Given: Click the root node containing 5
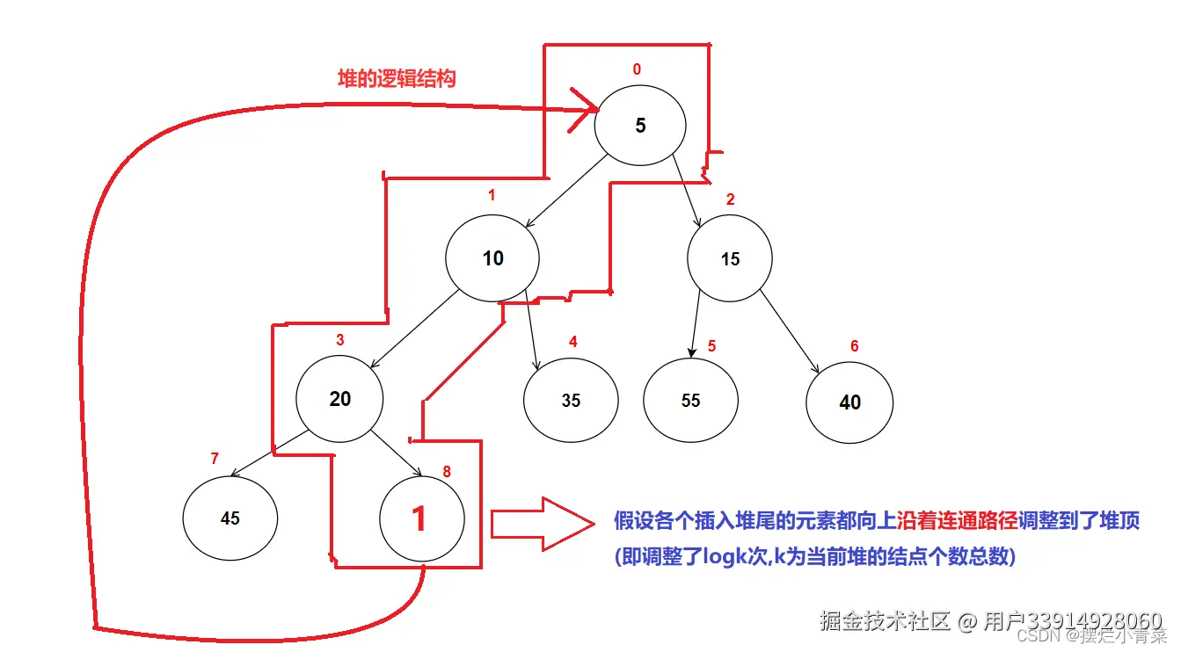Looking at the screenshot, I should pyautogui.click(x=639, y=126).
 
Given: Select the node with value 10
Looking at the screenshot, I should pyautogui.click(x=492, y=258).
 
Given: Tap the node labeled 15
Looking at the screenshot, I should pyautogui.click(x=730, y=259).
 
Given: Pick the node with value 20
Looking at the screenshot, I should pyautogui.click(x=339, y=399).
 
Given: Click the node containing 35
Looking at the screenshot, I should pyautogui.click(x=571, y=401).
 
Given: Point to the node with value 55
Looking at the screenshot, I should pyautogui.click(x=690, y=401).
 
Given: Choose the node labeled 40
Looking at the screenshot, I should pyautogui.click(x=849, y=402).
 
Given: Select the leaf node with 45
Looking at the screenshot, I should pyautogui.click(x=230, y=518).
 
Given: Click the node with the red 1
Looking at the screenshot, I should pyautogui.click(x=419, y=518).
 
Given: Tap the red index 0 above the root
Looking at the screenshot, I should pyautogui.click(x=637, y=69).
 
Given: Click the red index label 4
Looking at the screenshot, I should pyautogui.click(x=572, y=342).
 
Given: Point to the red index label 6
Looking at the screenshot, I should pyautogui.click(x=854, y=346).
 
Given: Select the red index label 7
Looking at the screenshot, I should pyautogui.click(x=215, y=459).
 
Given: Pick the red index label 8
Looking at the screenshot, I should pyautogui.click(x=447, y=472).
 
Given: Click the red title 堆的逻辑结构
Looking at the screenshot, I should pyautogui.click(x=397, y=78).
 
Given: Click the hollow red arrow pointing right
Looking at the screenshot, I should pyautogui.click(x=542, y=524).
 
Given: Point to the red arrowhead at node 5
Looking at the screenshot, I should pyautogui.click(x=586, y=110).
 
